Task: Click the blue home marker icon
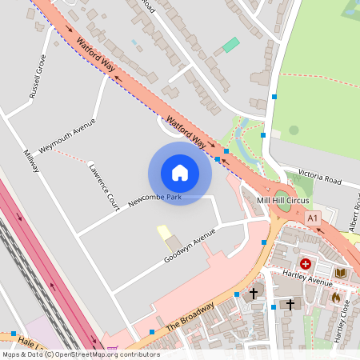180,173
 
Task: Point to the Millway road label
30,165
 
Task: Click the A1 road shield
312,218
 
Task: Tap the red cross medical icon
305,263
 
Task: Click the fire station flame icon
335,298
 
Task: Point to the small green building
230,45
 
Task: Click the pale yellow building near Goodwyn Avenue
165,232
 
